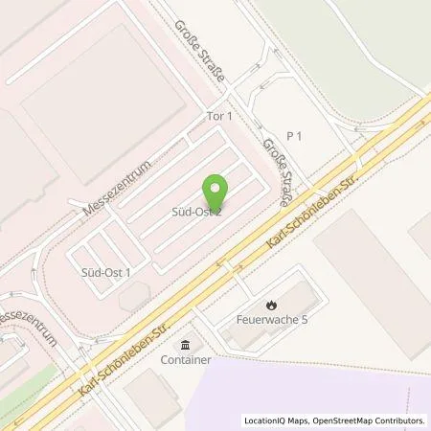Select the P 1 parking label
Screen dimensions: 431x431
click(294, 136)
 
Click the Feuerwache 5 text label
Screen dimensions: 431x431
click(271, 320)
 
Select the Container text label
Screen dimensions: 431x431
click(185, 361)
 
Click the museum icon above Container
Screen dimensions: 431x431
click(185, 345)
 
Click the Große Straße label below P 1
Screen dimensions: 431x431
click(275, 174)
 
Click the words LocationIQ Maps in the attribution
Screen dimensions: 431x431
click(276, 420)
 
